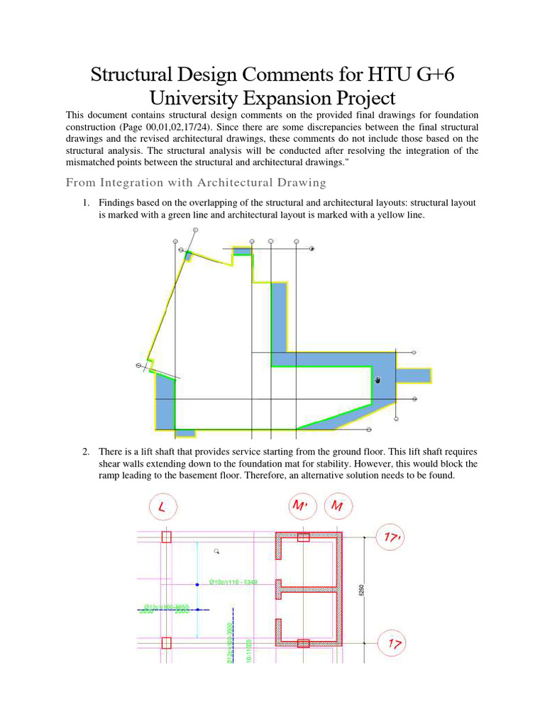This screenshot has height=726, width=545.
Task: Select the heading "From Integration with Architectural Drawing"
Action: pyautogui.click(x=196, y=183)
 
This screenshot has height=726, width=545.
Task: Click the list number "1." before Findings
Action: pyautogui.click(x=86, y=203)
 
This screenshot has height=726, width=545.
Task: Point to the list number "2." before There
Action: pyautogui.click(x=86, y=452)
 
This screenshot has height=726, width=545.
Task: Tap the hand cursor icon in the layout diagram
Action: pyautogui.click(x=378, y=380)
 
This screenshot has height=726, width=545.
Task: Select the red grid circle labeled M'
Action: pyautogui.click(x=302, y=508)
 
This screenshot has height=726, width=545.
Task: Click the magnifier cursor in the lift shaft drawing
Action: pyautogui.click(x=217, y=550)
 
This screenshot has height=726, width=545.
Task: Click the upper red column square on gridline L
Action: pyautogui.click(x=166, y=537)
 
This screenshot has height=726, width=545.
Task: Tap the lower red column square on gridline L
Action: pyautogui.click(x=166, y=643)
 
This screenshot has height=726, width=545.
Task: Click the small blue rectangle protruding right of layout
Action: pyautogui.click(x=414, y=374)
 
